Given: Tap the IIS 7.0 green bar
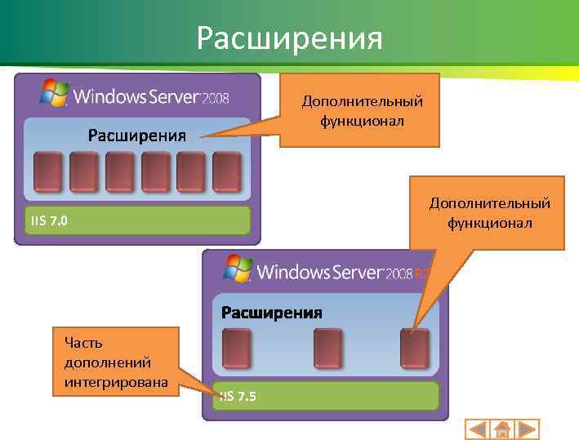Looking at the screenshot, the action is pyautogui.click(x=137, y=220).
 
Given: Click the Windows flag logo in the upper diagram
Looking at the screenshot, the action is pyautogui.click(x=55, y=92).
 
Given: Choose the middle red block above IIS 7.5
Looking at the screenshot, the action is pyautogui.click(x=328, y=348).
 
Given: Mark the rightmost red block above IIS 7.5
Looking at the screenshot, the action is pyautogui.click(x=415, y=348).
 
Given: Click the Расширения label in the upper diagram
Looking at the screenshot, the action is pyautogui.click(x=137, y=135).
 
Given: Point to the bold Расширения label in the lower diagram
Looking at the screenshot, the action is pyautogui.click(x=272, y=313).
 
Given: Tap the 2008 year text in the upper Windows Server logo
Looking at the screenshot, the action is pyautogui.click(x=216, y=99).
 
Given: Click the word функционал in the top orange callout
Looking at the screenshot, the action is pyautogui.click(x=362, y=120).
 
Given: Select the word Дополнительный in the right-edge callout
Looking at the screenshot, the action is pyautogui.click(x=490, y=203).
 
